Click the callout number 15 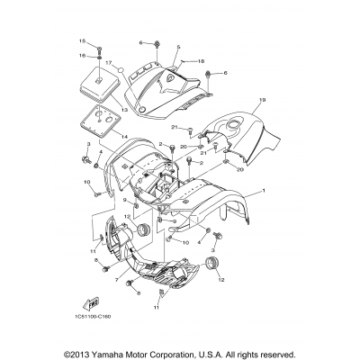click(x=79, y=41)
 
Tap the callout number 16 click(x=79, y=55)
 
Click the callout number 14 click(x=125, y=136)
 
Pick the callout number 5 click(x=179, y=46)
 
